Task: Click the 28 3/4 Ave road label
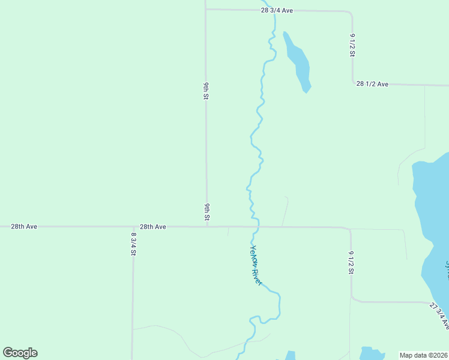(x=277, y=11)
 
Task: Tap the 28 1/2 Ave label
(x=372, y=84)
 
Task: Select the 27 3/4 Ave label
(x=439, y=316)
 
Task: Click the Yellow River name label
(x=256, y=265)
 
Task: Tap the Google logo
(x=20, y=353)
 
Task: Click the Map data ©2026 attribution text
(x=424, y=355)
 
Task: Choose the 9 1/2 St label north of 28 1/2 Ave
(x=353, y=44)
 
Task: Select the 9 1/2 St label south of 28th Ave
(x=351, y=263)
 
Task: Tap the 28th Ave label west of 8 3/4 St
(x=24, y=227)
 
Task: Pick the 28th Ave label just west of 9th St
(x=152, y=227)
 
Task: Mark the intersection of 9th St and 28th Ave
(x=206, y=227)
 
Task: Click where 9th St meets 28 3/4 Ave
(x=206, y=10)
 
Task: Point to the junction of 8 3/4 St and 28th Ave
(x=133, y=227)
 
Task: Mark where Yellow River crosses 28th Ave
(x=256, y=227)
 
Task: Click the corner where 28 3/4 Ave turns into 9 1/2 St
(x=351, y=13)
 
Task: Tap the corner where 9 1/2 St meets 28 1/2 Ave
(x=353, y=83)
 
